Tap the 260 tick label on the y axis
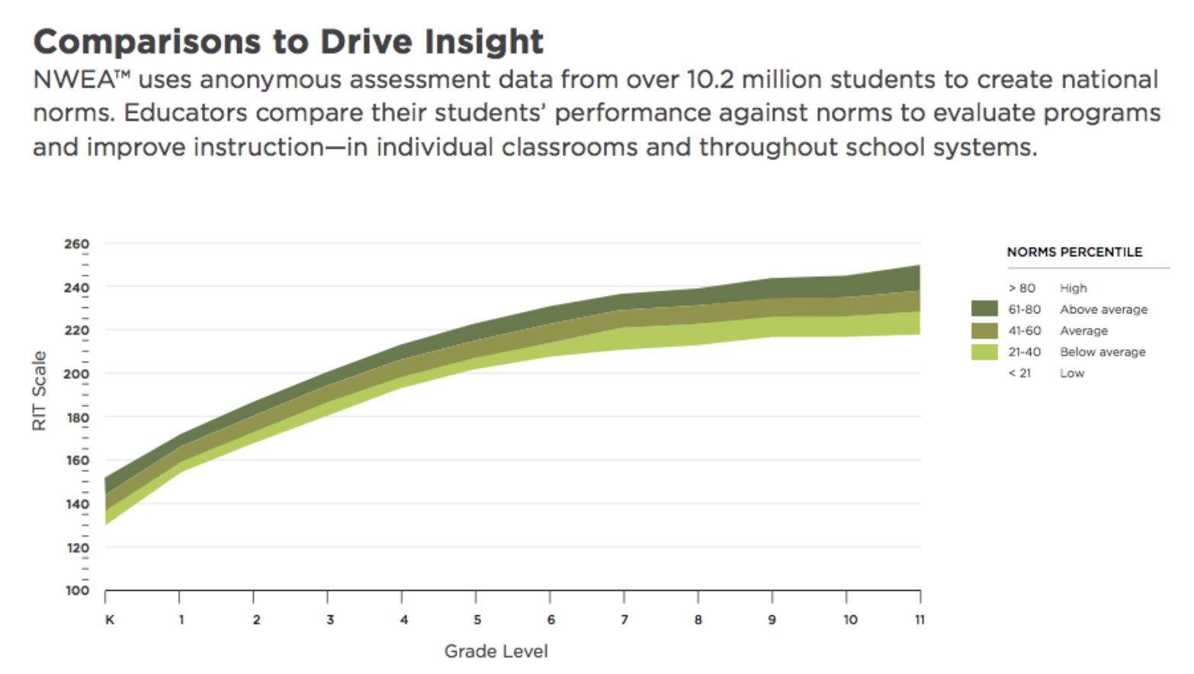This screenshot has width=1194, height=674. pyautogui.click(x=76, y=244)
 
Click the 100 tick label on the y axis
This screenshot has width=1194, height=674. pyautogui.click(x=76, y=590)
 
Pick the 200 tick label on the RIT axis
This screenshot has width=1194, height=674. pyautogui.click(x=76, y=374)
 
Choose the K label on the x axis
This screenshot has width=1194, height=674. pyautogui.click(x=110, y=620)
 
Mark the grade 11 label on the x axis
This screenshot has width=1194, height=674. pyautogui.click(x=920, y=620)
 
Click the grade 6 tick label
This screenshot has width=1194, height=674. pyautogui.click(x=550, y=620)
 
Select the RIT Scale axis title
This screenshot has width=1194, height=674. pyautogui.click(x=40, y=390)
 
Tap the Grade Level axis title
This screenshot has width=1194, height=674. pyautogui.click(x=496, y=651)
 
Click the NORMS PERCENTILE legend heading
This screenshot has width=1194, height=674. pyautogui.click(x=1074, y=252)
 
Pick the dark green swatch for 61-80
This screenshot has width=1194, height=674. pyautogui.click(x=984, y=309)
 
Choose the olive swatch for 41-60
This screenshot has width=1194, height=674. pyautogui.click(x=984, y=330)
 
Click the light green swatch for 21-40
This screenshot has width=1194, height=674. pyautogui.click(x=984, y=351)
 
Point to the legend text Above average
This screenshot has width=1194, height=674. pyautogui.click(x=1103, y=310)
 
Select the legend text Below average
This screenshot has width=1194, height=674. pyautogui.click(x=1103, y=352)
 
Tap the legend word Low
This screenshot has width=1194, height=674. pyautogui.click(x=1071, y=374)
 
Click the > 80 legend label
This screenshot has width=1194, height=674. pyautogui.click(x=1022, y=288)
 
